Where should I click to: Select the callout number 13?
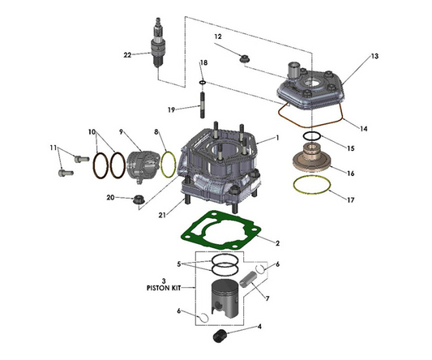pos(374,56)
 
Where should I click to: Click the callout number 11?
pos(53,148)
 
